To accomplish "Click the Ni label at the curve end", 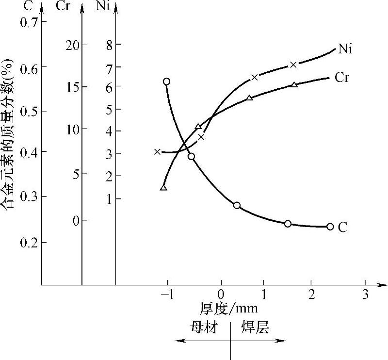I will tap(345, 49).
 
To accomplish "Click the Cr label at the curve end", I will tap(342, 78).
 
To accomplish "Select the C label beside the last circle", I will tap(342, 227).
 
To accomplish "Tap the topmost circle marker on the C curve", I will tap(166, 82).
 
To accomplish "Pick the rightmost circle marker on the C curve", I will tap(330, 227).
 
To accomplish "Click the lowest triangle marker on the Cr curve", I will tap(163, 188).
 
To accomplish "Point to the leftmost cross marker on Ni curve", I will tap(157, 152).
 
